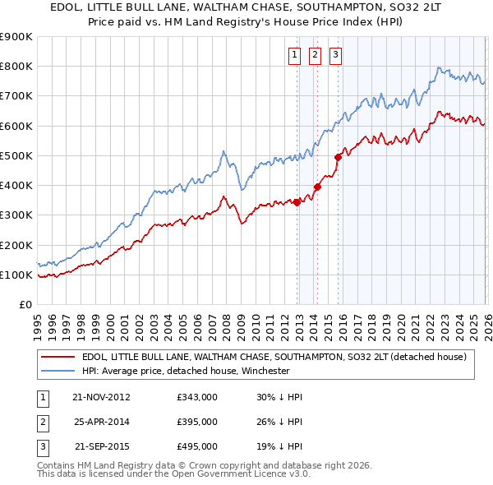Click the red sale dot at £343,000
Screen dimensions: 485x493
coord(297,202)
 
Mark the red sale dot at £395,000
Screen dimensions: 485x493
coord(317,187)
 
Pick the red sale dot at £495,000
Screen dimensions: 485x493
coord(338,157)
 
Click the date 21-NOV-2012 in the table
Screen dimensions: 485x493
coord(101,397)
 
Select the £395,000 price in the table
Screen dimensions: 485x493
coord(197,422)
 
